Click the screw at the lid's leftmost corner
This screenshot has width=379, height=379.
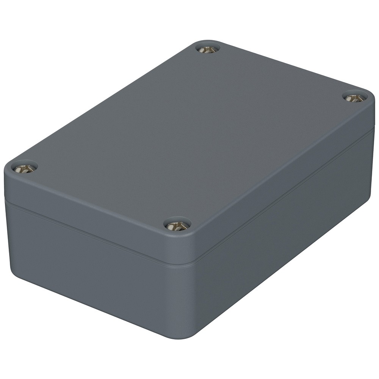23,168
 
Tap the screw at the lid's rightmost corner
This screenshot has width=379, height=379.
355,98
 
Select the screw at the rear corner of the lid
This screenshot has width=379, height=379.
208,49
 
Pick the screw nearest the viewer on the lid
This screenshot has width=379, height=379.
177,226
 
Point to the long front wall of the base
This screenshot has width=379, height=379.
95,265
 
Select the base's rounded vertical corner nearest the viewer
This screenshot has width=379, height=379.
186,303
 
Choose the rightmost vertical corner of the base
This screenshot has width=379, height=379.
370,167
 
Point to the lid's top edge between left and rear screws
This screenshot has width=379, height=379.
110,102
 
